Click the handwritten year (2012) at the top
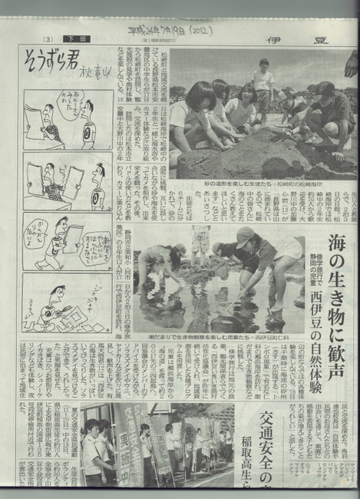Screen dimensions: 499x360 tap(198, 30)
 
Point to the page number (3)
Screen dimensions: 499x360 tap(48, 38)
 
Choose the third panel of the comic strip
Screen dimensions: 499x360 tap(68, 242)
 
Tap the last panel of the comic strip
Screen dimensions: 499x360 tap(68, 303)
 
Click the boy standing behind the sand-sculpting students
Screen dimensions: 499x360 tap(263, 85)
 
